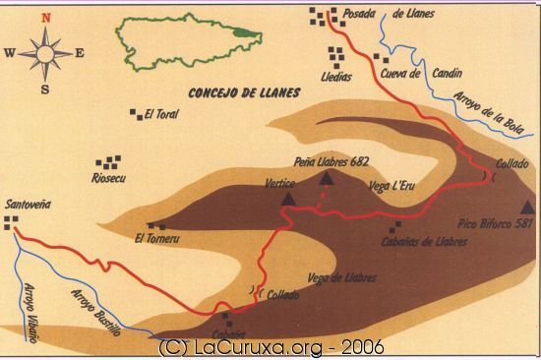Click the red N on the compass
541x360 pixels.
[44, 18]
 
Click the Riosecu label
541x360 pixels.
[110, 178]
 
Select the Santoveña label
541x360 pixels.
[29, 205]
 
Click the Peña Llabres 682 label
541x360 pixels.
[331, 161]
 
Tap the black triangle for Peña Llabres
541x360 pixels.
[328, 178]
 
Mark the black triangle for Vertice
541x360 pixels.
[288, 198]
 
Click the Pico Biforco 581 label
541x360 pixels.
[496, 224]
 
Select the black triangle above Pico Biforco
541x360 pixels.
[528, 207]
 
